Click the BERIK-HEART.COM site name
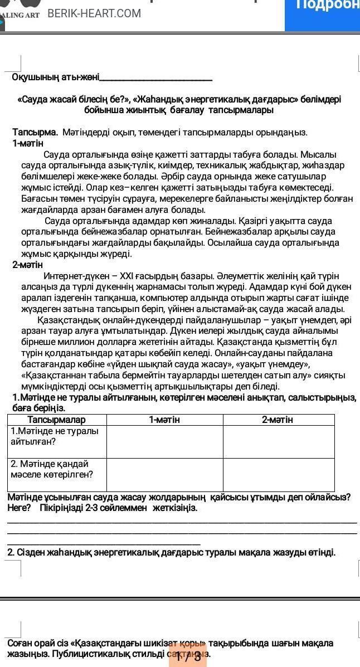click(94, 13)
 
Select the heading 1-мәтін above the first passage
click(28, 143)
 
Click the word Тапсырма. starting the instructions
click(35, 133)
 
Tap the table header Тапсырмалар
click(57, 420)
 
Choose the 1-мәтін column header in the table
click(164, 420)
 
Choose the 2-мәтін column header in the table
click(278, 420)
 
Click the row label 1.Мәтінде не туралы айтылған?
click(55, 436)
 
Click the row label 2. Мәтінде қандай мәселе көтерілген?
click(52, 469)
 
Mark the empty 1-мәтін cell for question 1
click(164, 442)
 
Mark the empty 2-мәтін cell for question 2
click(278, 475)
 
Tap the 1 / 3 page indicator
click(188, 656)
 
